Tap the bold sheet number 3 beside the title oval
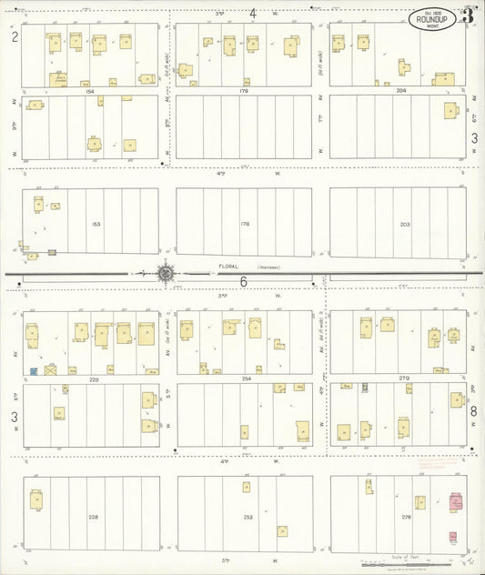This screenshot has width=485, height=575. (x=467, y=14)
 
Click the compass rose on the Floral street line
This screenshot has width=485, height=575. (x=166, y=271)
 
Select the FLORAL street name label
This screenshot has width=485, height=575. (x=227, y=267)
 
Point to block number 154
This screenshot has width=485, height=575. (x=89, y=91)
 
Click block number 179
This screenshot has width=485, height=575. (x=244, y=91)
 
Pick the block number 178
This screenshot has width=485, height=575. (x=244, y=222)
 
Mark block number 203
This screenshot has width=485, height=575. (x=405, y=222)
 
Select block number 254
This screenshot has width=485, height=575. (x=244, y=378)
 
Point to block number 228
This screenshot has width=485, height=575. (x=94, y=516)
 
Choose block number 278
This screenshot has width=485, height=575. (x=405, y=516)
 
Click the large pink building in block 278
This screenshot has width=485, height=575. (x=456, y=501)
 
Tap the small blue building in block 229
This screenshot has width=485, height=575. (x=34, y=371)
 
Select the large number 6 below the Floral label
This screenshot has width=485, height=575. (x=244, y=282)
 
